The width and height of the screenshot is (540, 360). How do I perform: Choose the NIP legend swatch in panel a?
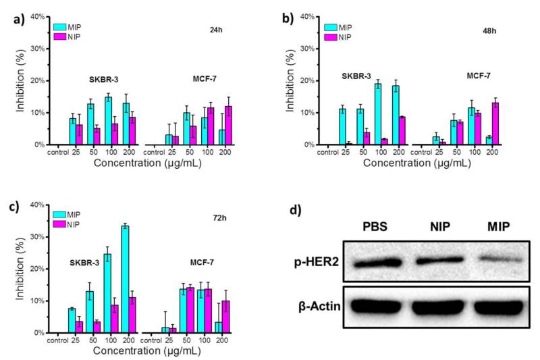tap(60, 37)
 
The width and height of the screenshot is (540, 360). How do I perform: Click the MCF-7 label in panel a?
tap(206, 79)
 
